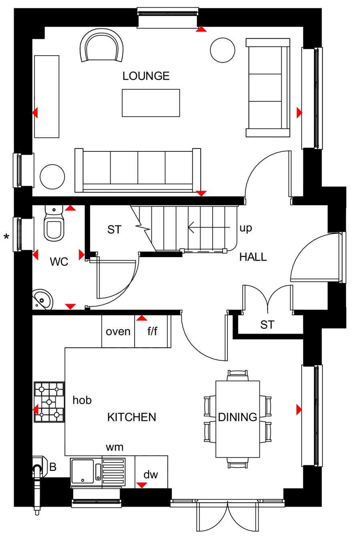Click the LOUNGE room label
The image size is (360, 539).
point(146,76)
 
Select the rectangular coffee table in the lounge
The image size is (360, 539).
point(151,103)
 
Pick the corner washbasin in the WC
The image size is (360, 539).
point(42,299)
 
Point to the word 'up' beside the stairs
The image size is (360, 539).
point(245,228)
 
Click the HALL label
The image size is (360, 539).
point(253,257)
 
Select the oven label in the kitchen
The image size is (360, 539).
point(118,332)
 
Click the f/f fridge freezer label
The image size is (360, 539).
point(152,331)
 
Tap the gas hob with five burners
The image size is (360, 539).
point(49,402)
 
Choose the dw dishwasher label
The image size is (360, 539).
point(151,475)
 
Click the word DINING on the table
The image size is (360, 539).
point(237,417)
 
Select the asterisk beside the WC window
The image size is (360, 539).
point(6,237)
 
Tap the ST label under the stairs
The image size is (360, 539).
point(114,229)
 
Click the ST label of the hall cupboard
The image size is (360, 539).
point(267,325)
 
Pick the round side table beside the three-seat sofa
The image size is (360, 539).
point(52,177)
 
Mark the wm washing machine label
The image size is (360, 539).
point(115,447)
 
